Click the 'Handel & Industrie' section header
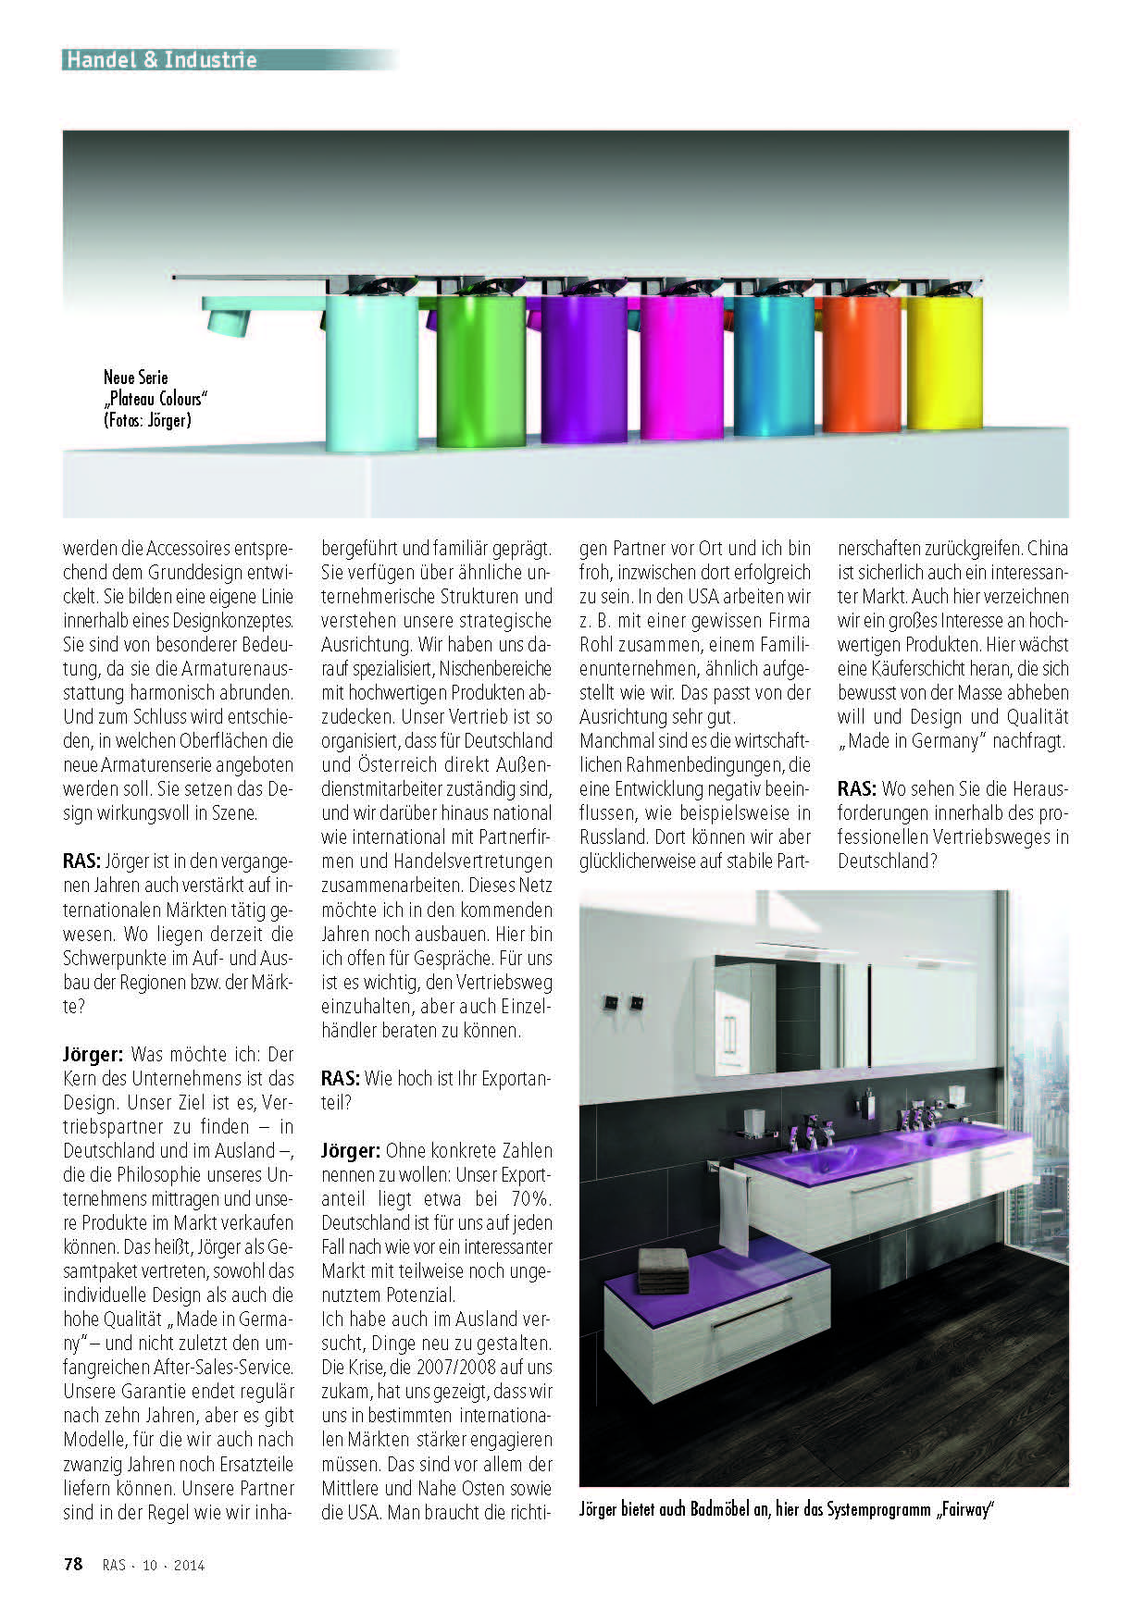click(x=161, y=60)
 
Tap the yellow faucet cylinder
click(x=944, y=363)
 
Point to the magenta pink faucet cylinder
click(x=682, y=368)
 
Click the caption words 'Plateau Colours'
click(x=157, y=399)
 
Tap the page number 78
click(x=73, y=1565)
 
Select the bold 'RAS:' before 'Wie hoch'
click(x=341, y=1079)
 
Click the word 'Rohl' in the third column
click(x=598, y=645)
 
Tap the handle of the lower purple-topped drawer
click(x=751, y=1307)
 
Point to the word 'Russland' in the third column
click(x=610, y=837)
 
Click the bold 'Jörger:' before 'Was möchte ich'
click(x=93, y=1055)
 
